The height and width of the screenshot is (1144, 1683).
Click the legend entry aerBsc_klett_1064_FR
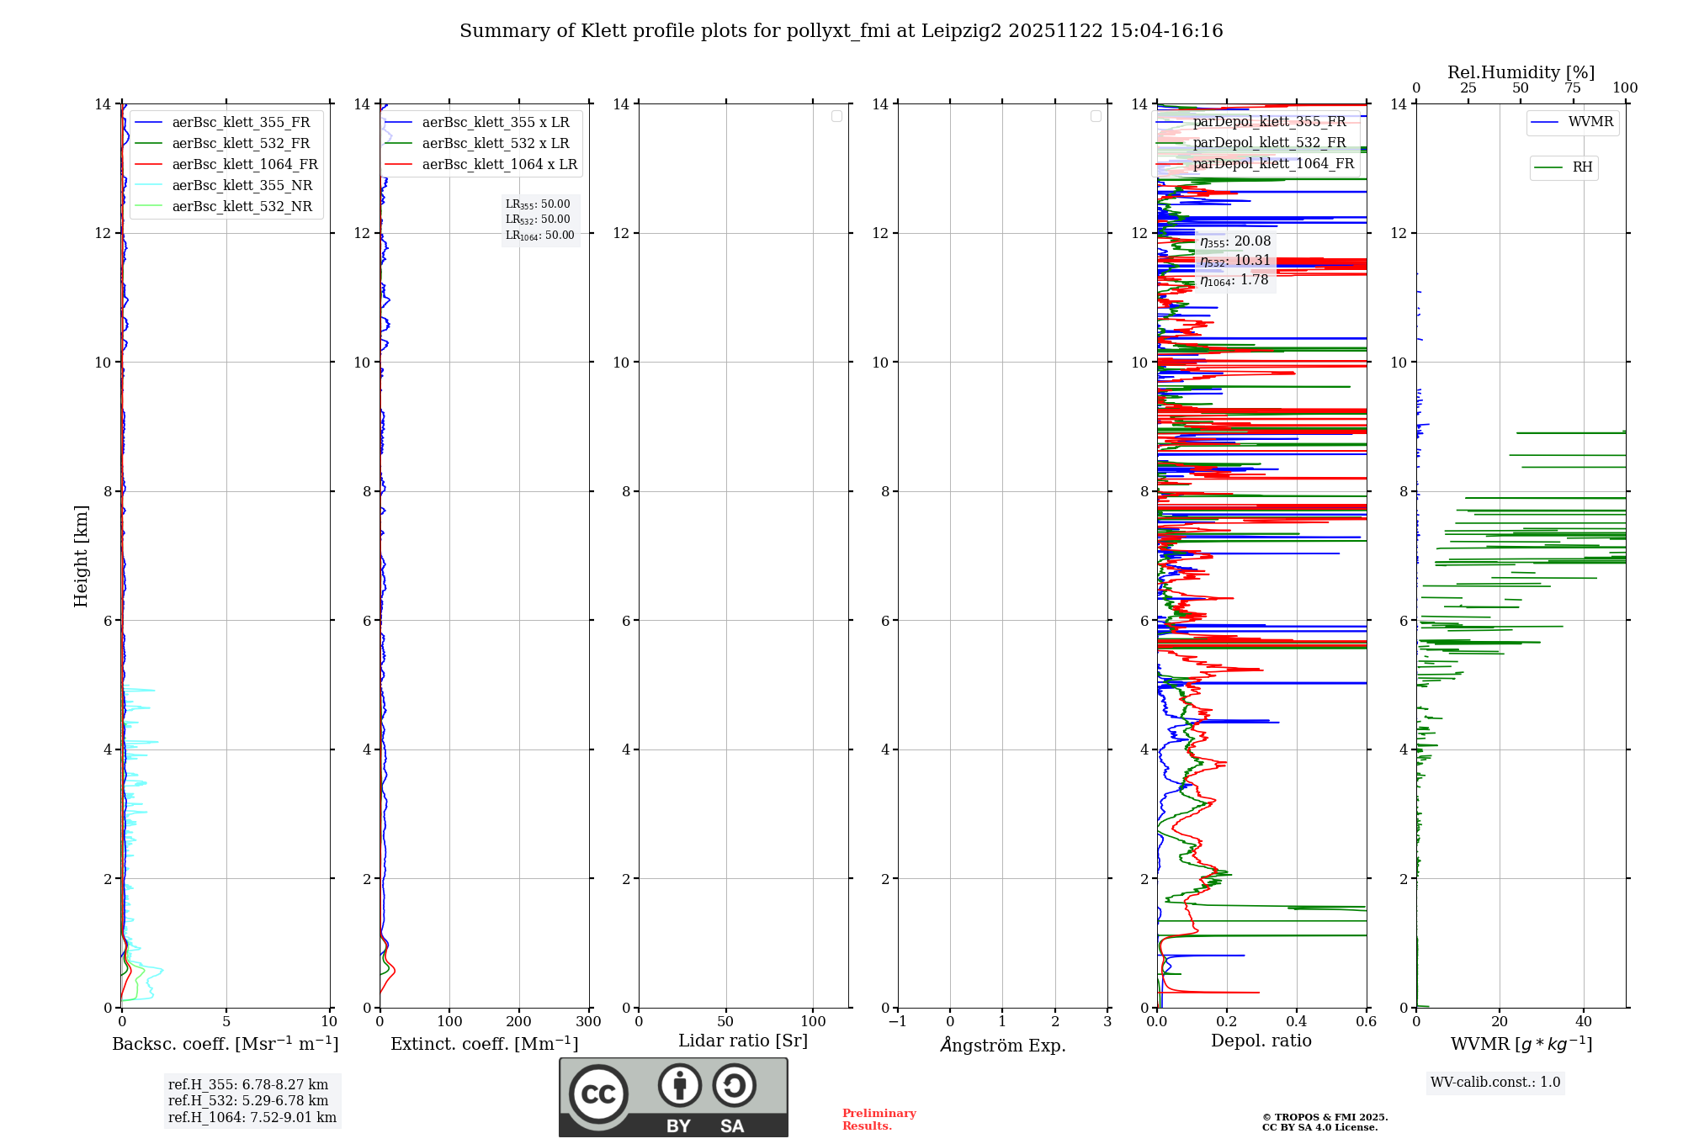pos(244,165)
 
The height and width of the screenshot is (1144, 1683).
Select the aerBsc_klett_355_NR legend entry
pos(242,186)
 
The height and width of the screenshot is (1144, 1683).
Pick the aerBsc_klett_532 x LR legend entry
pos(495,144)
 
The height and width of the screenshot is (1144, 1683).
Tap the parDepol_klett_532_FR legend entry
pos(1268,143)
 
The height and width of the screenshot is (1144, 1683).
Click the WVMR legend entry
pos(1590,122)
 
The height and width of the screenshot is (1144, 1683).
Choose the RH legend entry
pos(1581,167)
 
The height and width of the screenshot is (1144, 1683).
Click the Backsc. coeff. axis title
pos(225,1044)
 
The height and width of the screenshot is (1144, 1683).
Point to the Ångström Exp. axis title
pos(1002,1046)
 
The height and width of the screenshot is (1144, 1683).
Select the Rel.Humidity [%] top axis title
pos(1521,72)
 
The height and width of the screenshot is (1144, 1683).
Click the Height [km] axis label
pos(81,556)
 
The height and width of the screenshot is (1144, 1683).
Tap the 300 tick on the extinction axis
pos(588,1022)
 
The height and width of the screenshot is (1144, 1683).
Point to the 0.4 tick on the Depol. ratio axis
pos(1297,1022)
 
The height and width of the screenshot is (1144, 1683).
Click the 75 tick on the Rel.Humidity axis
pos(1572,88)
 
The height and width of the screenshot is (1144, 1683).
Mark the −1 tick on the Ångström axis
pos(897,1022)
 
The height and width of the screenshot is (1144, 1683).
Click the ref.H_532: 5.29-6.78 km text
pos(247,1101)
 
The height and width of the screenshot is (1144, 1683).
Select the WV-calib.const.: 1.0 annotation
pos(1495,1083)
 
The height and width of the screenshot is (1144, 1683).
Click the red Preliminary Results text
pos(879,1120)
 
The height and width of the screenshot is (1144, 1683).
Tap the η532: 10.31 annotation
pos(1234,261)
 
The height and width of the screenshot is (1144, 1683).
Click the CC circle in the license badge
pos(598,1094)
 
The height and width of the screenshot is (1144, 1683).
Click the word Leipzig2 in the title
pos(962,31)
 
